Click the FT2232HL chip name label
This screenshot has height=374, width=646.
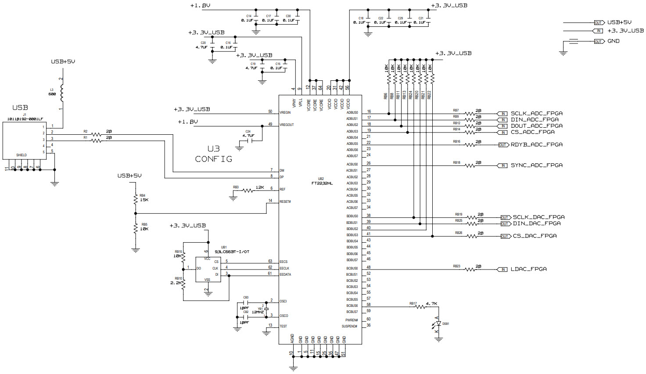point(322,183)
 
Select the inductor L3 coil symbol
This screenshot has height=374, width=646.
point(62,93)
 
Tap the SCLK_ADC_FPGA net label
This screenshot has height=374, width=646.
point(536,113)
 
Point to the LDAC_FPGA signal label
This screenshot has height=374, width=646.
point(528,269)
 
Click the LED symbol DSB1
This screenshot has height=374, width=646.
point(438,324)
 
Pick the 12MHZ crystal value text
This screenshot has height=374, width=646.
point(257,312)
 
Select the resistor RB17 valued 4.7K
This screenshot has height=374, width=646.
point(420,307)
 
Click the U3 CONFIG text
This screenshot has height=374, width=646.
point(214,154)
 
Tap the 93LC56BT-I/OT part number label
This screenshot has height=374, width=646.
point(232,252)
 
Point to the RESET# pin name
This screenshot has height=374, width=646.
point(285,201)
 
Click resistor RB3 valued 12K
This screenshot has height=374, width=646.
point(248,191)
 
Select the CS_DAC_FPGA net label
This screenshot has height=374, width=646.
point(535,236)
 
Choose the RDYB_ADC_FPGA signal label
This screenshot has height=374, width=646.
point(536,144)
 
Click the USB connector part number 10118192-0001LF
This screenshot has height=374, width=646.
point(25,119)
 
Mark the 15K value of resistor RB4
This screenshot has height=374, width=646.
point(144,200)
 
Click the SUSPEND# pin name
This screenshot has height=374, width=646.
point(349,326)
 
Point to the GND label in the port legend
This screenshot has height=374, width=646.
point(613,41)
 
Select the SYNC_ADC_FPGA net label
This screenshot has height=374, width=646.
point(536,165)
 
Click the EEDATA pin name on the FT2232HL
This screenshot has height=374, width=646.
point(285,274)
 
